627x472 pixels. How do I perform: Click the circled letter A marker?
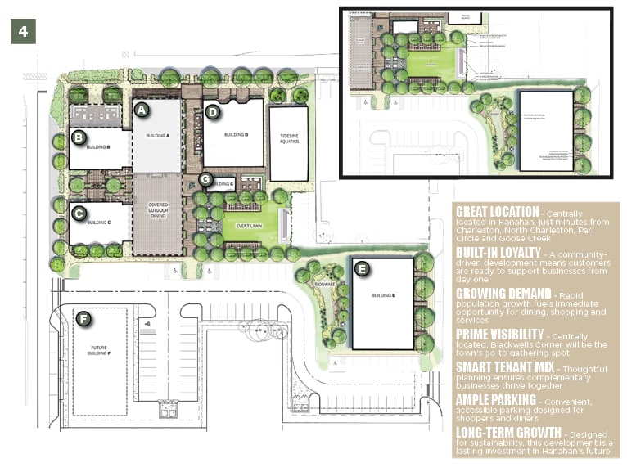(x=141, y=109)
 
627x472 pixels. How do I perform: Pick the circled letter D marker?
(x=212, y=112)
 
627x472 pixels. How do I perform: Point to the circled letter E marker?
(x=361, y=268)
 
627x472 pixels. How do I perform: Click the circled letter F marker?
(x=82, y=318)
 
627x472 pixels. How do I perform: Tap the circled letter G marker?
(x=206, y=178)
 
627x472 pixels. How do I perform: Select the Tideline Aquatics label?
(x=287, y=142)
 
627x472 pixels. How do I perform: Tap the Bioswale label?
(x=326, y=285)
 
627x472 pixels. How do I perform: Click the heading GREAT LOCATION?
(x=497, y=212)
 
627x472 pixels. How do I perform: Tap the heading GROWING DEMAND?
(x=502, y=294)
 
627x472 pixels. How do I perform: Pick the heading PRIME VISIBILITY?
(x=499, y=334)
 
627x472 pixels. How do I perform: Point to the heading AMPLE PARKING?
(x=494, y=400)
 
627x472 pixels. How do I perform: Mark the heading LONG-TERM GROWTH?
(x=508, y=432)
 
